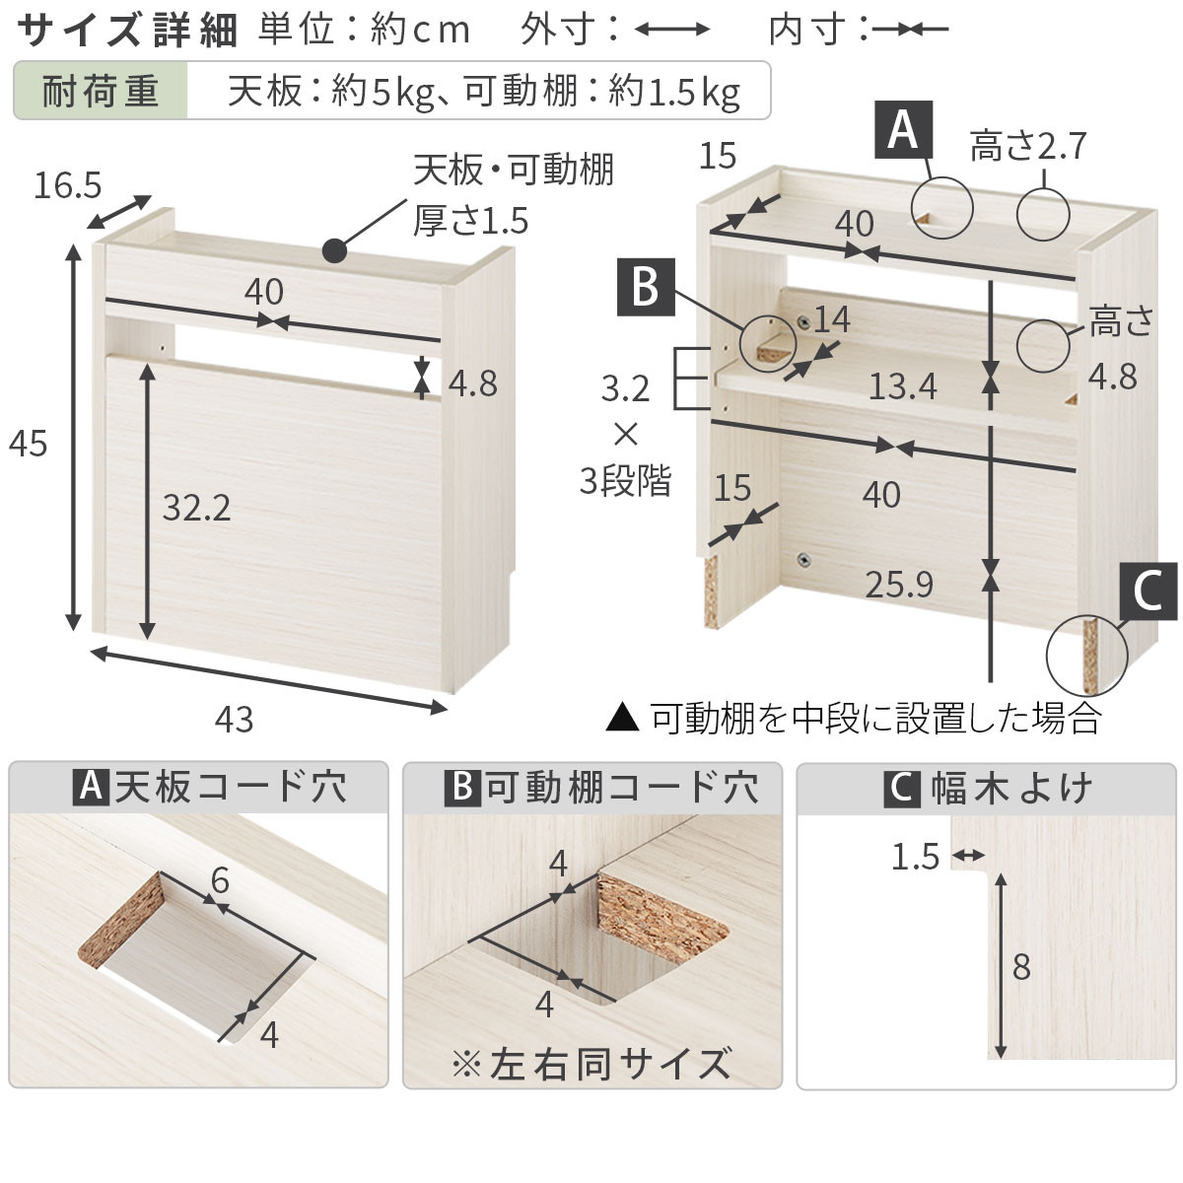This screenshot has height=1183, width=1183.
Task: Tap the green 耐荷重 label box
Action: pyautogui.click(x=101, y=92)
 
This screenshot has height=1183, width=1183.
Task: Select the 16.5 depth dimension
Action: pyautogui.click(x=68, y=184)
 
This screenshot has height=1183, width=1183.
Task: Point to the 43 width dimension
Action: pyautogui.click(x=234, y=720)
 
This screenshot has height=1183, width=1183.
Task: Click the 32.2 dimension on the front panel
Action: pyautogui.click(x=196, y=508)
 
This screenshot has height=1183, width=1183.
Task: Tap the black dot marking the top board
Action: pyautogui.click(x=334, y=250)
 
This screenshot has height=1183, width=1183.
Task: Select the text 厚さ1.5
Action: pyautogui.click(x=470, y=220)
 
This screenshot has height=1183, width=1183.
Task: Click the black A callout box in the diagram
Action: pyautogui.click(x=903, y=129)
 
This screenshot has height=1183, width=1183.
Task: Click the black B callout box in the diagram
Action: pyautogui.click(x=645, y=288)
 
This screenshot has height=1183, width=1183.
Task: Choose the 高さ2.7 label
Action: pyautogui.click(x=1027, y=146)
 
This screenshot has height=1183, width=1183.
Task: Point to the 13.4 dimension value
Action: pyautogui.click(x=902, y=386)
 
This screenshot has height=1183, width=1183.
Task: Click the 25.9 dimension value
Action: pyautogui.click(x=899, y=585)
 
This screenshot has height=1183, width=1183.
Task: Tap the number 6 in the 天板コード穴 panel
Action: pyautogui.click(x=220, y=879)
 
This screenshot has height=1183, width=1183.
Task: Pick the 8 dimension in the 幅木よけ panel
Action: pyautogui.click(x=1021, y=966)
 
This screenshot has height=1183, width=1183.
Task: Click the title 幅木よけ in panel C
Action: pyautogui.click(x=1011, y=789)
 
